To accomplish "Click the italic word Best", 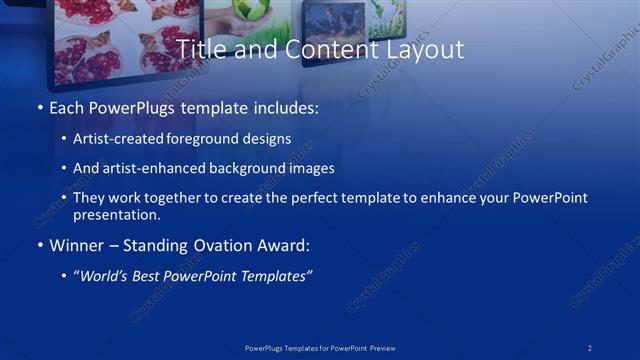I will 149,276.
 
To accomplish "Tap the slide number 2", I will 590,347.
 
